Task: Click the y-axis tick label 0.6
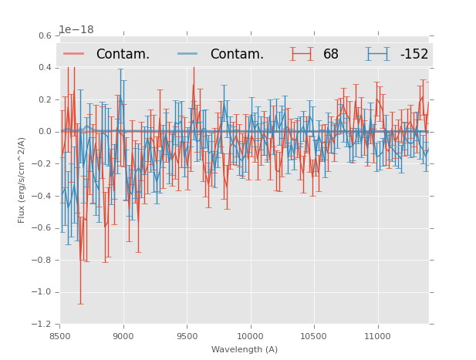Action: [45, 35]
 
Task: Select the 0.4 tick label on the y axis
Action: [45, 68]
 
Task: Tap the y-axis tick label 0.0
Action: [45, 132]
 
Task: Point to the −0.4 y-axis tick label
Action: [43, 196]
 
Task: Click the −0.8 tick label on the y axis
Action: [43, 260]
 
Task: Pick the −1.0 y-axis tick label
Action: [43, 292]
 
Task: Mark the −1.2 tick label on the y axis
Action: [43, 324]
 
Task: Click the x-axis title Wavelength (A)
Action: [245, 349]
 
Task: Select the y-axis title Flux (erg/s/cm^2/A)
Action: [22, 180]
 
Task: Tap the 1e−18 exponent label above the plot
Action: [76, 30]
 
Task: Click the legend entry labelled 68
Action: [331, 54]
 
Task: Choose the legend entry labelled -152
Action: [414, 54]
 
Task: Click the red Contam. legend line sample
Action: [74, 54]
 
